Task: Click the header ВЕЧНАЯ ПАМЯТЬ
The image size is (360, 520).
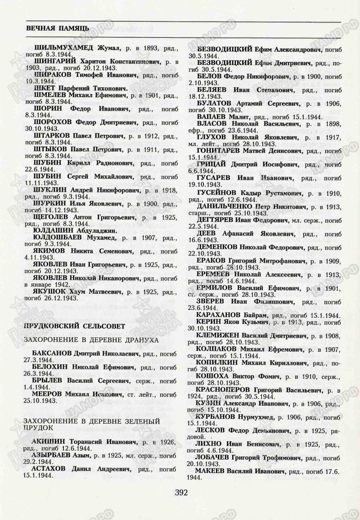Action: [x=57, y=28]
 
